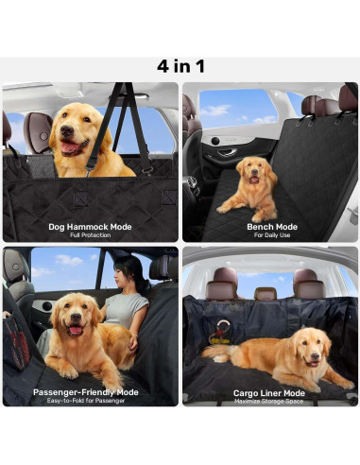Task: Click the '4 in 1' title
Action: (x=180, y=66)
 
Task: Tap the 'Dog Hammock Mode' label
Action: (x=90, y=227)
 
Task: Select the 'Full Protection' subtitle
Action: (x=90, y=235)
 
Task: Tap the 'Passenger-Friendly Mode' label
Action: (x=86, y=390)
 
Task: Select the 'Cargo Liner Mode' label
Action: (x=270, y=390)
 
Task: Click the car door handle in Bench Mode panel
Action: (x=227, y=150)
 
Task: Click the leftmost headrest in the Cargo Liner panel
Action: (x=225, y=281)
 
